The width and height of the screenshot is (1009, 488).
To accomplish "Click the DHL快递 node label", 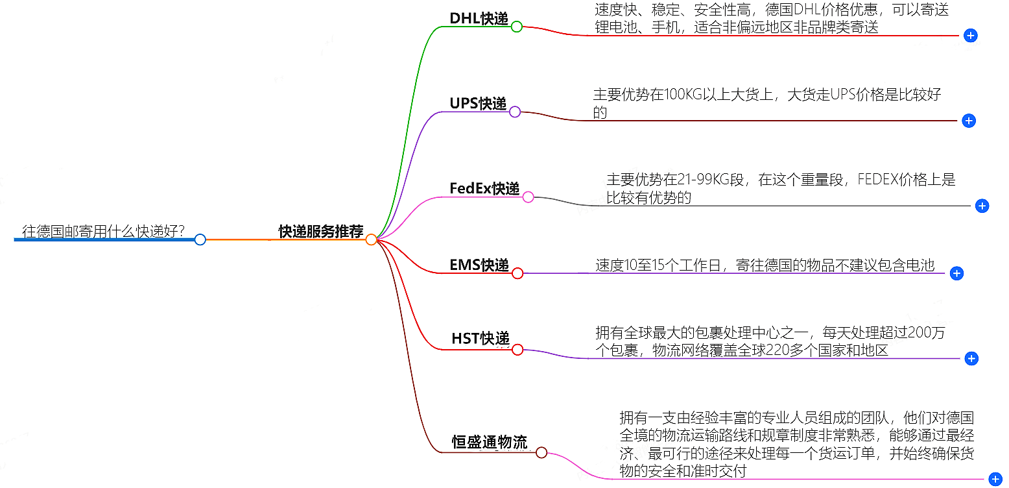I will [479, 18].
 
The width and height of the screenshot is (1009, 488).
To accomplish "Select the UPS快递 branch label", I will [478, 103].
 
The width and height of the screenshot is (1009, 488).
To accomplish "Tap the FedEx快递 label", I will [484, 188].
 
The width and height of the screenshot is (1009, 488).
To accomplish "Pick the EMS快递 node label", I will [479, 265].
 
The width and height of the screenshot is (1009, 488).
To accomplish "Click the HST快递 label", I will [481, 338].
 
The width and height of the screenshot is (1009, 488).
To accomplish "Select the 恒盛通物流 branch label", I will [490, 443].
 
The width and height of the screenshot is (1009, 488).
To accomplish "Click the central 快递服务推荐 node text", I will [321, 232].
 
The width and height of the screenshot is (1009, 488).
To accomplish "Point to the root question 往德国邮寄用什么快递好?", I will [104, 231].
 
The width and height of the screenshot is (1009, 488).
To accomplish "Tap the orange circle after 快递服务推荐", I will [371, 239].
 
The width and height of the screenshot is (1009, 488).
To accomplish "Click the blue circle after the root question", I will [200, 239].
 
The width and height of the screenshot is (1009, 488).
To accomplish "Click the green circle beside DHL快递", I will [516, 27].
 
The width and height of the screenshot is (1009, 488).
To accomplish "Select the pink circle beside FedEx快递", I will [528, 197].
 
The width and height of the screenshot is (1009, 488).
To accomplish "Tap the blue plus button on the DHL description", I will [970, 36].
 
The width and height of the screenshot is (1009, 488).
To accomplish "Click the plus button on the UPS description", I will [968, 121].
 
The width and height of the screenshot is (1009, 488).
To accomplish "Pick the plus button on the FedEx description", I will [982, 206].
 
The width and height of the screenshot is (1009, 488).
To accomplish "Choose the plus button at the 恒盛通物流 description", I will [995, 480].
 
